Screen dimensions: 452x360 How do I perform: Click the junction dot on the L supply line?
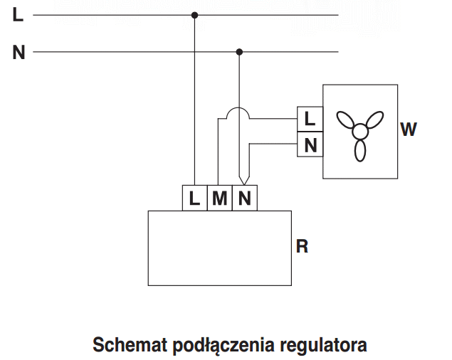[195, 15]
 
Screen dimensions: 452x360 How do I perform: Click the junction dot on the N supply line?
[239, 52]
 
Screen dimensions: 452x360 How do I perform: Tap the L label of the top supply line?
[18, 15]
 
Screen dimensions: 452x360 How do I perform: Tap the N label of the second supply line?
[19, 53]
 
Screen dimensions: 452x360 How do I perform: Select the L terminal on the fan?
[310, 119]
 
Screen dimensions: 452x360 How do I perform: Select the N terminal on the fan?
[310, 144]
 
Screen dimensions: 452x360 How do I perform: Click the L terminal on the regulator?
[194, 198]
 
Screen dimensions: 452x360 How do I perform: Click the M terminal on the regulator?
[220, 198]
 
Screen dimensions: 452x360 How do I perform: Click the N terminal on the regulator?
[245, 198]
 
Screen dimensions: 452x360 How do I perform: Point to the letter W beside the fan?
[409, 129]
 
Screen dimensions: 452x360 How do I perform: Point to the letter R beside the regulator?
[302, 246]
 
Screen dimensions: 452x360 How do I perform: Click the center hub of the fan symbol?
[360, 131]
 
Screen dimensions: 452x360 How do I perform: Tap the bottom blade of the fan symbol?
[360, 150]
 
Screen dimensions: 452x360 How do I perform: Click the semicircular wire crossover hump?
[238, 108]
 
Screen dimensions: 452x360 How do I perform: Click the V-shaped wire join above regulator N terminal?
[244, 180]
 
